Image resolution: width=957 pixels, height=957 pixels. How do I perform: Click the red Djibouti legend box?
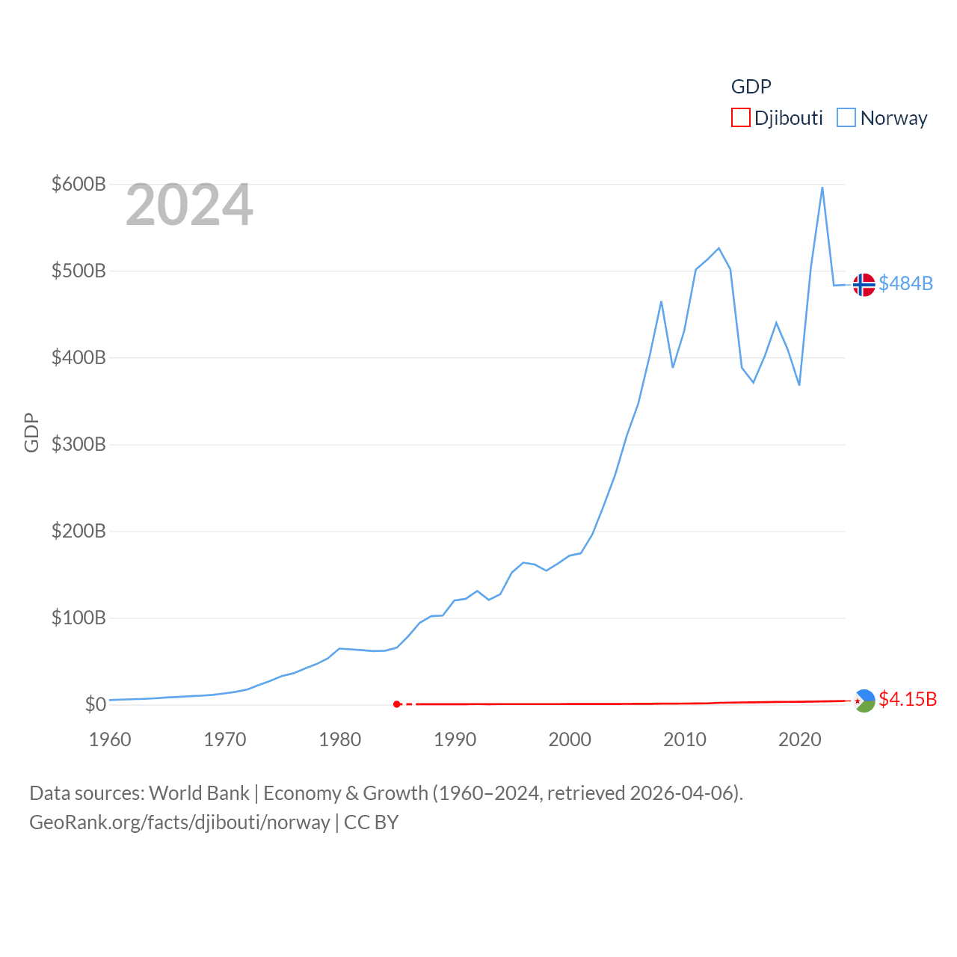click(x=740, y=118)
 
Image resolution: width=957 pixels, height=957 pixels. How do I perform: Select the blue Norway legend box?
click(x=846, y=118)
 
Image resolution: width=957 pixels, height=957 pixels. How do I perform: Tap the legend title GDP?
click(x=751, y=87)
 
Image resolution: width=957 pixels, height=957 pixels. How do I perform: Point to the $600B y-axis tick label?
click(x=79, y=184)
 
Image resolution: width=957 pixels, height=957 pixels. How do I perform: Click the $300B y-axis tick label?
click(x=79, y=444)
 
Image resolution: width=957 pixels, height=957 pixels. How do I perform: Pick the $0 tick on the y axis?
click(x=96, y=704)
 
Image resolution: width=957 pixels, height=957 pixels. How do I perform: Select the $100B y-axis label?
click(x=79, y=618)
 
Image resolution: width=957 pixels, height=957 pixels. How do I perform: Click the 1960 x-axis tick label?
click(x=110, y=739)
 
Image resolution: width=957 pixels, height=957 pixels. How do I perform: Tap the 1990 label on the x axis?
click(x=455, y=739)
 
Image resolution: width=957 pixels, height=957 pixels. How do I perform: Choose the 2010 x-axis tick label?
click(x=685, y=739)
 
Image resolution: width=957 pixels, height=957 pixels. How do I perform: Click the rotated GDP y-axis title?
click(x=31, y=432)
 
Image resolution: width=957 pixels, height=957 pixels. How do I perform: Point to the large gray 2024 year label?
click(x=189, y=205)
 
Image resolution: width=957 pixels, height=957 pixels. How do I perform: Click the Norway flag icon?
click(x=864, y=285)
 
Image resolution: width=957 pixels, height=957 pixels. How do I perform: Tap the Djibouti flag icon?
click(x=864, y=701)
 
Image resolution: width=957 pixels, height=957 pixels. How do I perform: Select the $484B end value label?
click(x=906, y=283)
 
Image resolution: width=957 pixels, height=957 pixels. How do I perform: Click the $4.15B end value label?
click(x=908, y=699)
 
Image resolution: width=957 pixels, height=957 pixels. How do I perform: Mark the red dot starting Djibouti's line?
click(x=397, y=704)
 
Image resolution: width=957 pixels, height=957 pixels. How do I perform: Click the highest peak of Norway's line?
click(x=822, y=188)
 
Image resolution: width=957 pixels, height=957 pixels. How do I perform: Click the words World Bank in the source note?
click(x=200, y=793)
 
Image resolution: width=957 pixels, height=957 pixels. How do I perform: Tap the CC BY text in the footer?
click(x=372, y=822)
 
